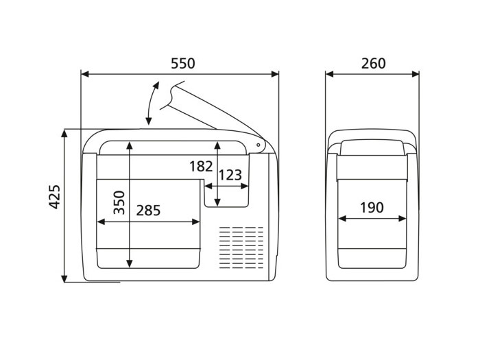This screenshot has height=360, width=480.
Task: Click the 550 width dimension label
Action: coord(182,63)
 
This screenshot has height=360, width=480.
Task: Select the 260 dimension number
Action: coord(374,63)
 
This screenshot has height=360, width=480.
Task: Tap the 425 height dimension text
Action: coord(55,197)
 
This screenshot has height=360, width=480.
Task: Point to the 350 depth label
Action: coord(119,202)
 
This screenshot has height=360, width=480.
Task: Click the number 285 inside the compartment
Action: coord(148,211)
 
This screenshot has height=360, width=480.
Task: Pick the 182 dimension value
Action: coord(201,167)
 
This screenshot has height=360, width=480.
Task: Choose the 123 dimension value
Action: coord(230,175)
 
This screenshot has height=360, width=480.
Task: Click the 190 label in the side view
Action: coord(372,208)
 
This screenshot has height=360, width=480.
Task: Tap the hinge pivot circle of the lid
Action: coord(258,145)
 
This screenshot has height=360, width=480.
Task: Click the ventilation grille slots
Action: coord(241,248)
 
